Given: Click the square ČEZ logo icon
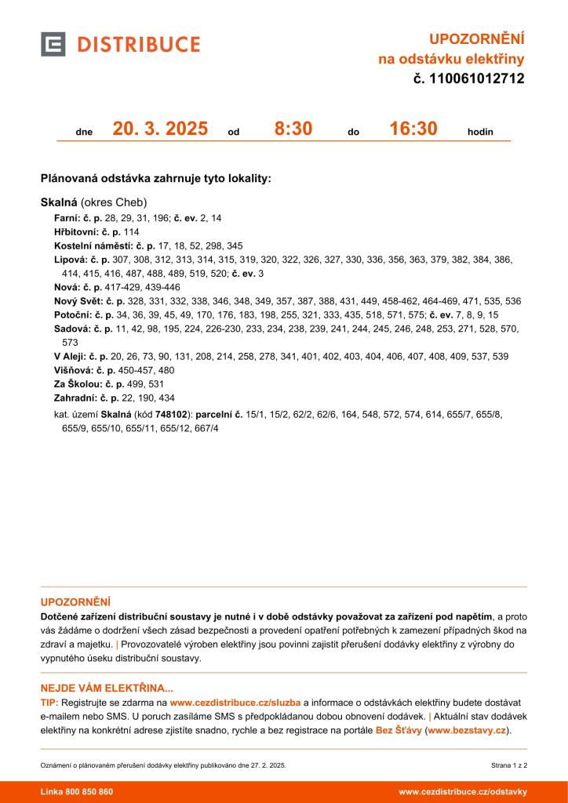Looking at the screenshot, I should [53, 44].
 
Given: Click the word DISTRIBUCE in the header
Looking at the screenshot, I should [138, 44].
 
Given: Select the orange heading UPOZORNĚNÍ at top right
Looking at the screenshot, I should [476, 39].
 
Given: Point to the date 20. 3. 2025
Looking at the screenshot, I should [160, 129].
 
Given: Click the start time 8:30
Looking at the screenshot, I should [293, 129].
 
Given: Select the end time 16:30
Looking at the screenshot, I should [413, 129].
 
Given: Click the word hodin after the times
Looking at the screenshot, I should [480, 132].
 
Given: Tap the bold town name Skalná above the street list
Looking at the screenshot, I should [59, 202].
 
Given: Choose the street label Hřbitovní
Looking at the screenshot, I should [74, 232].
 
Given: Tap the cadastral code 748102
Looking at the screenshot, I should [172, 414].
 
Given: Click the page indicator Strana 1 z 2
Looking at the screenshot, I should [508, 764].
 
